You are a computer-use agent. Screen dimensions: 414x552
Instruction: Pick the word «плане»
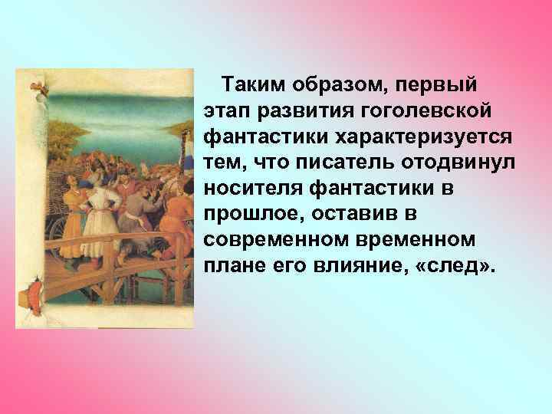pyautogui.click(x=233, y=265)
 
